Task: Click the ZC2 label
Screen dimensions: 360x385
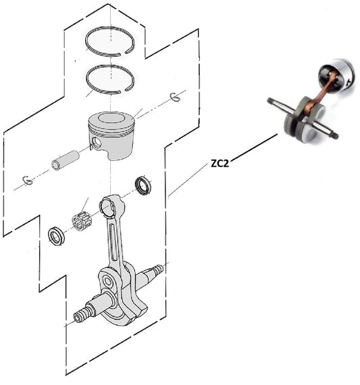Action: pyautogui.click(x=220, y=163)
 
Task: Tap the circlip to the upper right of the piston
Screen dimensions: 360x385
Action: pyautogui.click(x=176, y=97)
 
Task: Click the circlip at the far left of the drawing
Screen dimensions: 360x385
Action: pyautogui.click(x=28, y=180)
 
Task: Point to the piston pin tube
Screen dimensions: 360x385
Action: pyautogui.click(x=65, y=160)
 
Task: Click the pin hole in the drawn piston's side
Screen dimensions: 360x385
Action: pyautogui.click(x=97, y=143)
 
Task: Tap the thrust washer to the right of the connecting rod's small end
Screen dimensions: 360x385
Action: pyautogui.click(x=143, y=185)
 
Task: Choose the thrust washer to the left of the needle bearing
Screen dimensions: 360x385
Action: pyautogui.click(x=56, y=236)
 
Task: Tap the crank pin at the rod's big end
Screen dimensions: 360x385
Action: pyautogui.click(x=107, y=281)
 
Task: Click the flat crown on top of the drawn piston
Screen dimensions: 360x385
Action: pyautogui.click(x=111, y=118)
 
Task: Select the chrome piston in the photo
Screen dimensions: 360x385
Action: pyautogui.click(x=336, y=75)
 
